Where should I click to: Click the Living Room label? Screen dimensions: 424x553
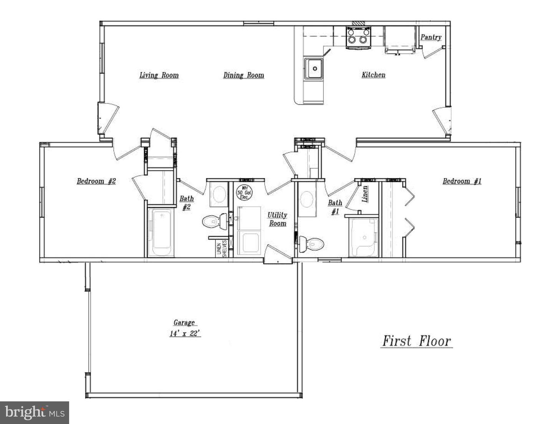159,75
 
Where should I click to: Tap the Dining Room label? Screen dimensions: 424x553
243,75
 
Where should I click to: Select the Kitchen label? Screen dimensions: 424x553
373,75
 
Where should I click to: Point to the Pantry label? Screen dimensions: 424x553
430,37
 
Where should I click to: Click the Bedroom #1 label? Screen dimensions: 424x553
462,181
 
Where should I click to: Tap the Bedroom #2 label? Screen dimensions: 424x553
96,181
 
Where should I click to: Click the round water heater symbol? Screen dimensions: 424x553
243,192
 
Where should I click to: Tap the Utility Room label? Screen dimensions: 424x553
277,219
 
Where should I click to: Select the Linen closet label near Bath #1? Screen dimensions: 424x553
365,194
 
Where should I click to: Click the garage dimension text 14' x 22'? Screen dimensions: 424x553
185,334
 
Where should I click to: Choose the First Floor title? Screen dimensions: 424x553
417,341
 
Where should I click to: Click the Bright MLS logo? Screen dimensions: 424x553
34,412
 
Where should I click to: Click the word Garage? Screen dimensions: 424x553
184,323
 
